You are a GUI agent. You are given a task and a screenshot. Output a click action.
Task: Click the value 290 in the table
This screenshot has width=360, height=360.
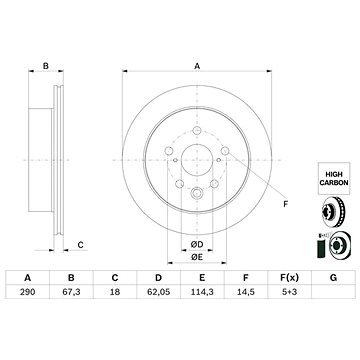pyautogui.click(x=27, y=292)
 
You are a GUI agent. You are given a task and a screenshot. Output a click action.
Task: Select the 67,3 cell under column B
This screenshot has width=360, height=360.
pyautogui.click(x=71, y=292)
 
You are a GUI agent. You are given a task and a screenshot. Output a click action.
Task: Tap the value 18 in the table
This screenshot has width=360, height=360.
pyautogui.click(x=115, y=292)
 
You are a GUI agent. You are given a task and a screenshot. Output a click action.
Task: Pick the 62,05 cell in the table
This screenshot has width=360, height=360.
pyautogui.click(x=159, y=292)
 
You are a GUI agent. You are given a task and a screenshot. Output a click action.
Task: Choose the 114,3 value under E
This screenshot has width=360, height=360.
pyautogui.click(x=202, y=292)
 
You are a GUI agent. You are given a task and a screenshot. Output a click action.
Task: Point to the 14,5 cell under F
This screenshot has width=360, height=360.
pyautogui.click(x=246, y=292)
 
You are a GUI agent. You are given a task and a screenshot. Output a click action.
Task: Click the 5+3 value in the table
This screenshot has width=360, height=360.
pyautogui.click(x=289, y=292)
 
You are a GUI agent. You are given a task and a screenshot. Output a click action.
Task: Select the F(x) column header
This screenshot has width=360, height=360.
pyautogui.click(x=289, y=277)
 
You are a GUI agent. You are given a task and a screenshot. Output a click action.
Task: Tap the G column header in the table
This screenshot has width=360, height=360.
pyautogui.click(x=333, y=277)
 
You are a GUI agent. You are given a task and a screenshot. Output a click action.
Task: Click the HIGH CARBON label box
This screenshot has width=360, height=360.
pyautogui.click(x=334, y=178)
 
